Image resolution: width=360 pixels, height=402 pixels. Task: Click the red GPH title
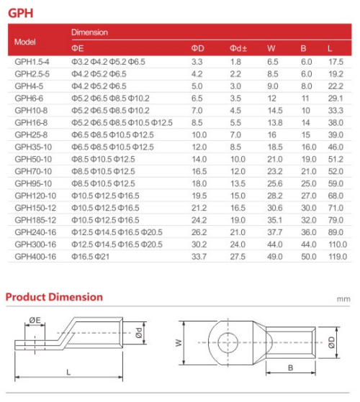click(x=21, y=13)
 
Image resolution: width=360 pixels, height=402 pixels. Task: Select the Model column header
click(x=25, y=42)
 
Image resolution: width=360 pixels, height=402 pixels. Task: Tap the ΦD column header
click(x=197, y=48)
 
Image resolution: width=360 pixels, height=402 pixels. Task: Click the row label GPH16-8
click(x=31, y=122)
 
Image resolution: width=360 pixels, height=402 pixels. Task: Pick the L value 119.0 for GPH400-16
click(x=338, y=257)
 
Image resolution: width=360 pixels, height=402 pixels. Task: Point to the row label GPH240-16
click(x=35, y=232)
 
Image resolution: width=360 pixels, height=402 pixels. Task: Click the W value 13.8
click(x=275, y=122)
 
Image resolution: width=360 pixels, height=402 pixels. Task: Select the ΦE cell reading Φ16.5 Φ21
click(x=90, y=257)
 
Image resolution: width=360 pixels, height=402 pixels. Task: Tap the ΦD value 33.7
click(x=199, y=257)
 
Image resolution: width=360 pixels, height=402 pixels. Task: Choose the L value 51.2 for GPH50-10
click(x=336, y=159)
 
